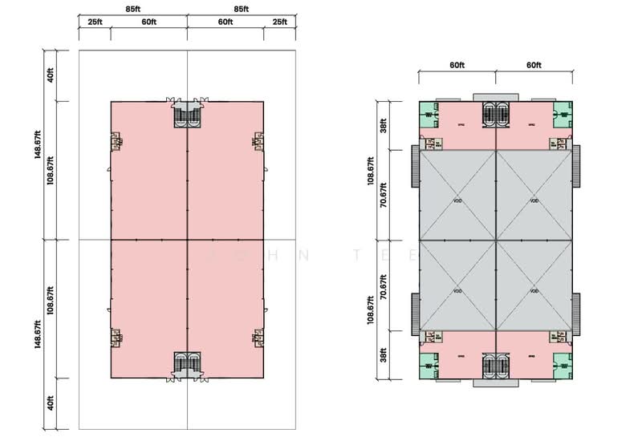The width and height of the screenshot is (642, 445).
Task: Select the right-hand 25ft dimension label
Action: pyautogui.click(x=278, y=22)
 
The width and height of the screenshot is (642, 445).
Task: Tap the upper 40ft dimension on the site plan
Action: pyautogui.click(x=50, y=76)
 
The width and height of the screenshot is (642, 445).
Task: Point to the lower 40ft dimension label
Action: pyautogui.click(x=50, y=402)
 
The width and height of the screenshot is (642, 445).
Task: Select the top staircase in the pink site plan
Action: pyautogui.click(x=187, y=117)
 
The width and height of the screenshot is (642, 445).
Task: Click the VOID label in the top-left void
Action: pyautogui.click(x=457, y=201)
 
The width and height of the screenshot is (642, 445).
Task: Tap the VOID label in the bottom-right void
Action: pyautogui.click(x=534, y=290)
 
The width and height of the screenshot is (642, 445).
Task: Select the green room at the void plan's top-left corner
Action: pyautogui.click(x=426, y=115)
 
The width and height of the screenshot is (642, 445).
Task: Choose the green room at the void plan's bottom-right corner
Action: pyautogui.click(x=563, y=364)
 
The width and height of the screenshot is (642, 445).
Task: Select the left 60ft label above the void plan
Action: pyautogui.click(x=456, y=64)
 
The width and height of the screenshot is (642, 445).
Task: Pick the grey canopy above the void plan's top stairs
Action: pyautogui.click(x=495, y=97)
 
